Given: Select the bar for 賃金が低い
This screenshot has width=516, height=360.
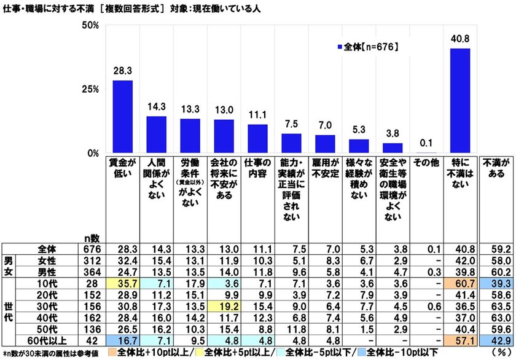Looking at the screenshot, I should point(122,117).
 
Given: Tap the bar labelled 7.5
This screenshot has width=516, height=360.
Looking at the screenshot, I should point(291,143).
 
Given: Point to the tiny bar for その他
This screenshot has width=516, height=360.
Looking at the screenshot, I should point(426,152).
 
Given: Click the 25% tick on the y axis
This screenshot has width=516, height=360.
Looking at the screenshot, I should point(91,89).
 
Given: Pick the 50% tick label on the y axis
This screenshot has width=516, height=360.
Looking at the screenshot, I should point(91,25).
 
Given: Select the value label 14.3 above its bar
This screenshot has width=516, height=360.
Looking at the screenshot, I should point(156,106).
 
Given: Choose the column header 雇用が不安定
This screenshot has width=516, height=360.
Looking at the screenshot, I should point(325,168).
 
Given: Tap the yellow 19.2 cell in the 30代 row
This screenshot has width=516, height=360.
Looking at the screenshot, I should point(224,305).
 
